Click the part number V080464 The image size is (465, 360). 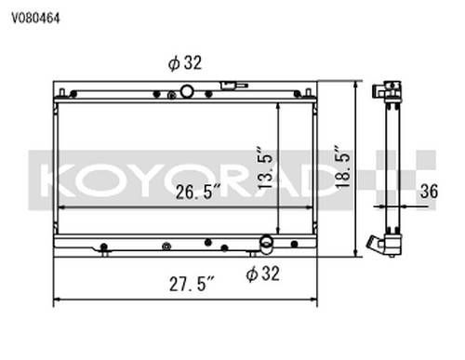tap(35, 19)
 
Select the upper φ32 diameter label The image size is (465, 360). tap(185, 63)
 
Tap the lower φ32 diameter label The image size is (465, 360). tap(262, 273)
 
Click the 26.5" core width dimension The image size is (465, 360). tap(198, 192)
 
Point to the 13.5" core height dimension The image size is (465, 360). tap(265, 167)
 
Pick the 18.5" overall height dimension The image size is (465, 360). tap(343, 166)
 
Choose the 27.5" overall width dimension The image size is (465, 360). tap(192, 284)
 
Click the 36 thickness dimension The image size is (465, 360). tap(429, 192)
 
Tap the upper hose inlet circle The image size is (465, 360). tap(187, 91)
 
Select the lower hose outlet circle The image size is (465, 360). tap(266, 242)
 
